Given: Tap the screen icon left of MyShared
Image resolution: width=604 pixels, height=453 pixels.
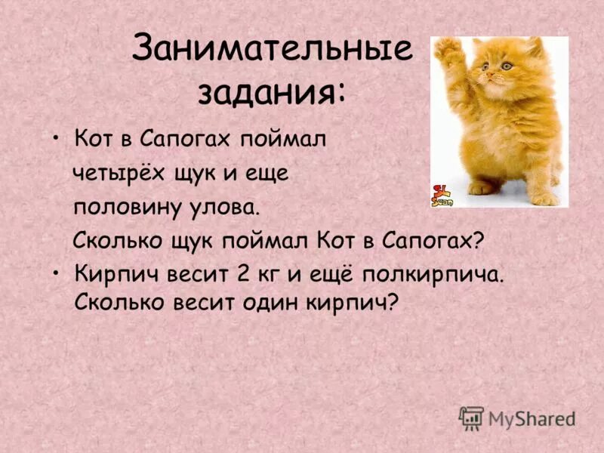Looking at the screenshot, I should pyautogui.click(x=471, y=418).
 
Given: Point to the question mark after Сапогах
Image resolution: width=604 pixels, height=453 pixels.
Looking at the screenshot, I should pyautogui.click(x=476, y=241).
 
